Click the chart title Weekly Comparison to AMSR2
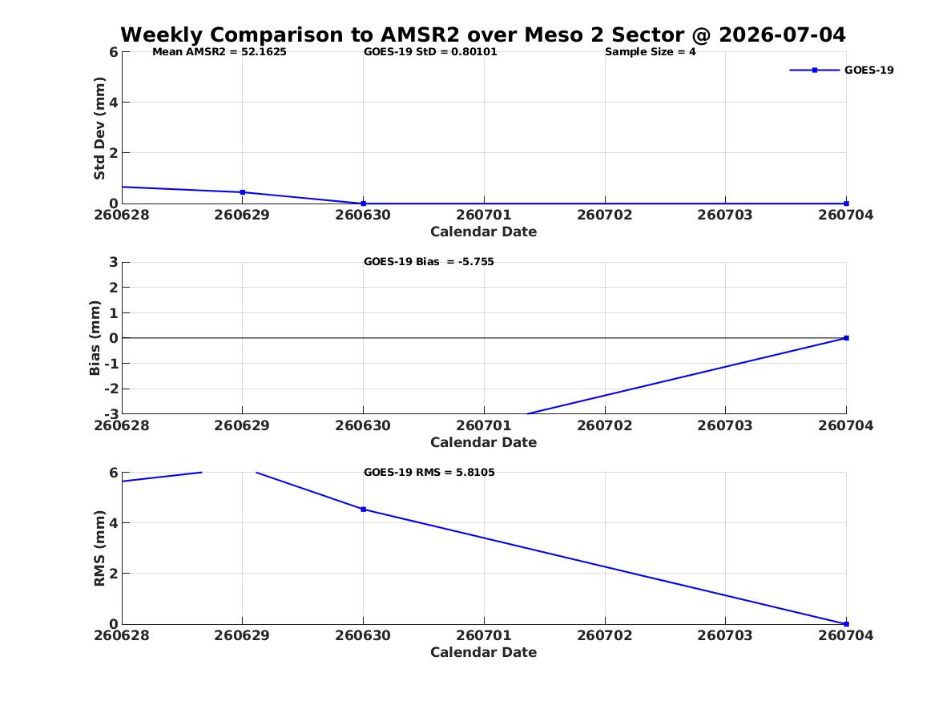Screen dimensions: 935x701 tap(290, 34)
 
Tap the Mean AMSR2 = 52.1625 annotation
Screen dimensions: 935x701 tap(220, 52)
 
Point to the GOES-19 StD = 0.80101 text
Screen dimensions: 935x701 tap(430, 52)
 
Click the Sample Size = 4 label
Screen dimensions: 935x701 tap(650, 52)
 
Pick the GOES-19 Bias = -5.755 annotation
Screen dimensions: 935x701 tap(429, 262)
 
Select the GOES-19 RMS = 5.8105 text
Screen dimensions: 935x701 tap(429, 472)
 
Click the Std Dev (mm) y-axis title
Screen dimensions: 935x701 tap(99, 128)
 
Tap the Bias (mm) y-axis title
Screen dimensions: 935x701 tap(95, 338)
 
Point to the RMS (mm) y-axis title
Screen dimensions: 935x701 tap(99, 549)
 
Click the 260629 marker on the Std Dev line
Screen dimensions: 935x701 tap(243, 192)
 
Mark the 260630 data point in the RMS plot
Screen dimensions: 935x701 tap(364, 509)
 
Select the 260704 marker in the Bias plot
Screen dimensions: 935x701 tap(846, 338)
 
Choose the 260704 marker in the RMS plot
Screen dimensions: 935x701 tap(846, 624)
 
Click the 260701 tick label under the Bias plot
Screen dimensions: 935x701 tap(484, 425)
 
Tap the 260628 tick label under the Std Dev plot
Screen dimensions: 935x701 tap(122, 216)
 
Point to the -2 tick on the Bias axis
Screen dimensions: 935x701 tap(111, 389)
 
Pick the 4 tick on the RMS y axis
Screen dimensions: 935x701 tap(113, 523)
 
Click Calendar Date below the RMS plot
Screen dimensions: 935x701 tap(484, 652)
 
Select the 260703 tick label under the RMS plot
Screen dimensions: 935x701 tap(725, 635)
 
